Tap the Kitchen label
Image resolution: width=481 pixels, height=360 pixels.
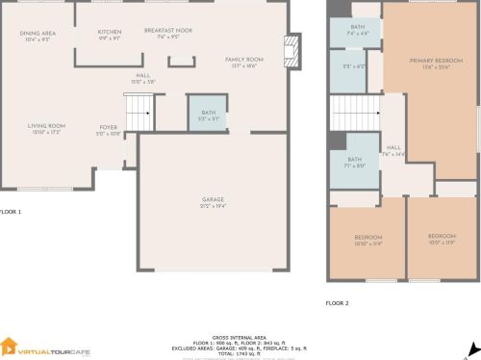point(110,35)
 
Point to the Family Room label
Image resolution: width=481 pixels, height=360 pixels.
point(244,63)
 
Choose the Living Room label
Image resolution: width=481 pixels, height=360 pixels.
point(45,128)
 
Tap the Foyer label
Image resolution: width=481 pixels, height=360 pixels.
point(109,130)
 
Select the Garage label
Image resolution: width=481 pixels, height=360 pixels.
point(213,202)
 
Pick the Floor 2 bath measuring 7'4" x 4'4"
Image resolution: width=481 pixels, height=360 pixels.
point(358,31)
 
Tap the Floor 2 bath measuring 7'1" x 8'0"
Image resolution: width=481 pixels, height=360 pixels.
point(354,163)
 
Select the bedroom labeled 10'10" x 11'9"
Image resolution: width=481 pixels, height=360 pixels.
point(367,241)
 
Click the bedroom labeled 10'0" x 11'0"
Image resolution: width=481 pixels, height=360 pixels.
point(442,238)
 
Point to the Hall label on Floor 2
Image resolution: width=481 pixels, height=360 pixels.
point(393,150)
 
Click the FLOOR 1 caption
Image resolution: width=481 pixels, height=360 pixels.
point(11,211)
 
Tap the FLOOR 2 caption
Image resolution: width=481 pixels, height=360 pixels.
point(337,302)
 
